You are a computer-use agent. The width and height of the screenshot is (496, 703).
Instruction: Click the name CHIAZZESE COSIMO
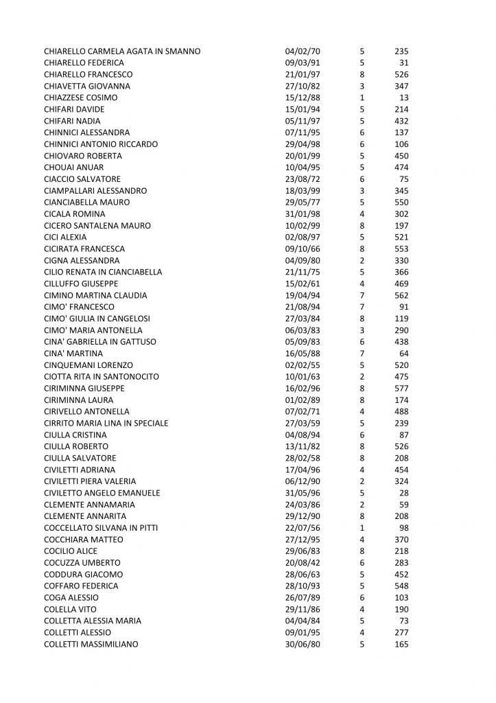point(80,98)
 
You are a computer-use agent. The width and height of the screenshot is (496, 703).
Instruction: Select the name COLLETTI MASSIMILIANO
point(91,644)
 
